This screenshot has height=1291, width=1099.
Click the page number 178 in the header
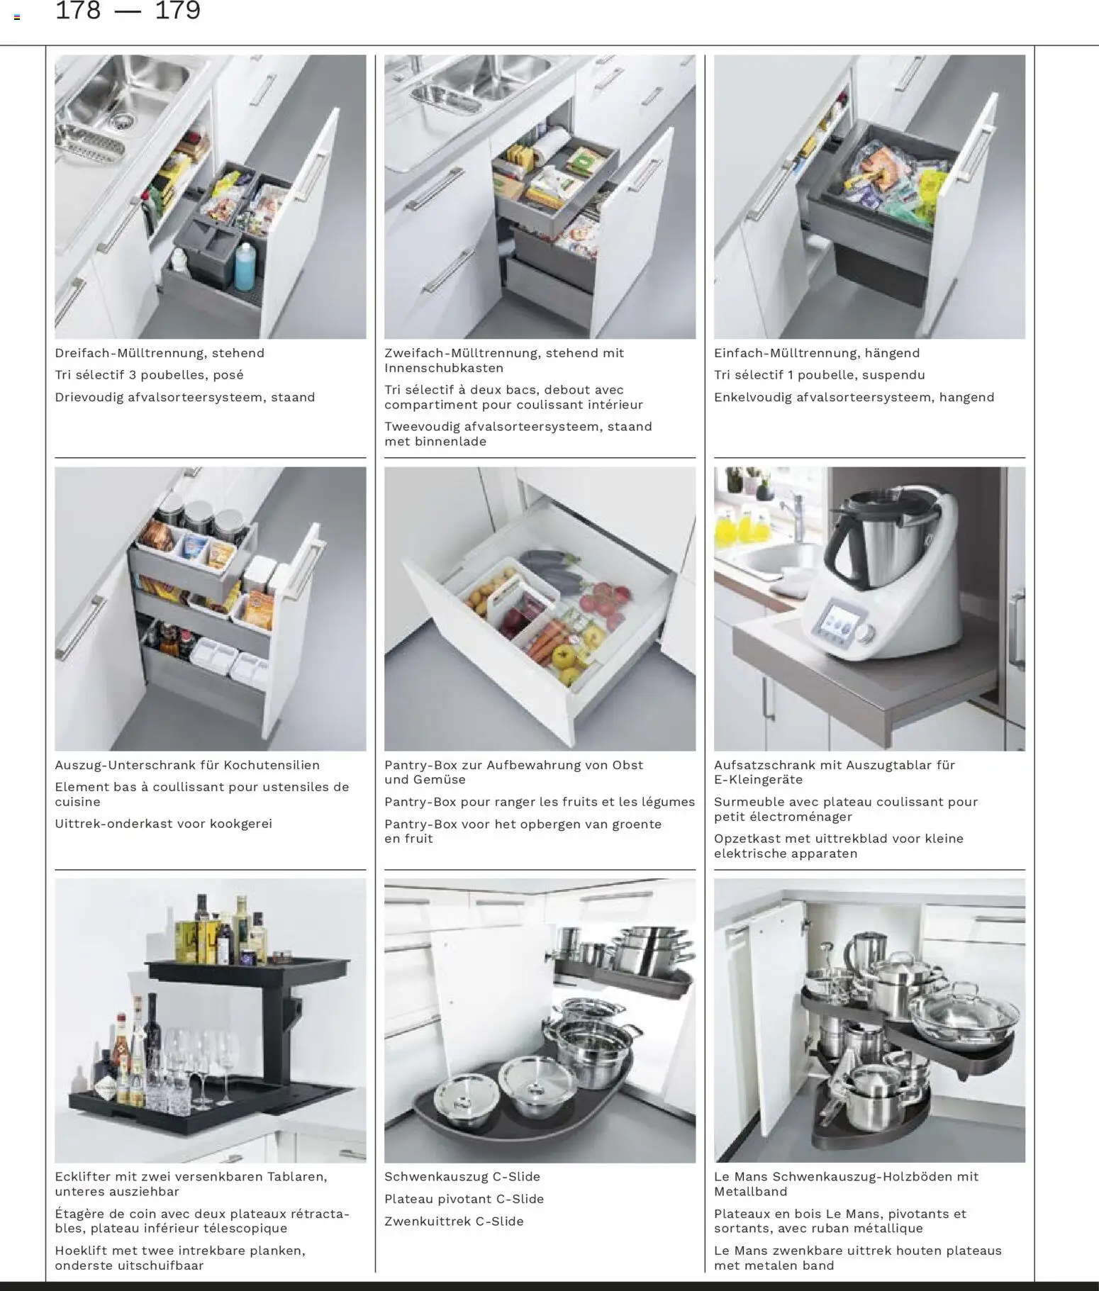(x=78, y=11)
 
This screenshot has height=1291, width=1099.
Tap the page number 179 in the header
(x=177, y=11)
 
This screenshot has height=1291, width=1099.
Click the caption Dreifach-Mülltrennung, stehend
(x=160, y=353)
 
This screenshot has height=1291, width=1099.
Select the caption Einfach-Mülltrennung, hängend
(x=817, y=353)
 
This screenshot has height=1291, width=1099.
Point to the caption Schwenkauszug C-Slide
(x=462, y=1176)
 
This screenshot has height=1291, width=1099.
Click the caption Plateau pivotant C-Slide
(x=464, y=1199)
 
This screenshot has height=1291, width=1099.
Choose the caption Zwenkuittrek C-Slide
(x=454, y=1221)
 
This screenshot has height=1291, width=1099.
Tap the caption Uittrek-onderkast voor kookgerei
(x=164, y=824)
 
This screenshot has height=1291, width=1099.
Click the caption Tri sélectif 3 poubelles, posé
(x=149, y=375)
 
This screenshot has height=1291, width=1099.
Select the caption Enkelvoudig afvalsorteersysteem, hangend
(x=854, y=397)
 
